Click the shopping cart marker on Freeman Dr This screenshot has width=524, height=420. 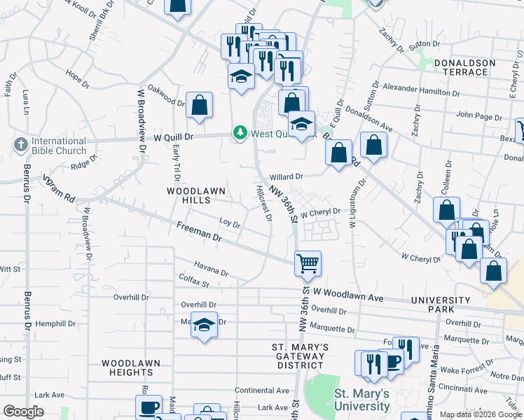[x=308, y=264]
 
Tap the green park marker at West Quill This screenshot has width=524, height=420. [x=240, y=133]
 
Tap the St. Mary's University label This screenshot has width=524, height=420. [x=361, y=400]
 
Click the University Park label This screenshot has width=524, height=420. [x=441, y=304]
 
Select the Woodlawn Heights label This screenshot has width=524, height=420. [x=130, y=367]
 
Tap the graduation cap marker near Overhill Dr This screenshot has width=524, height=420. [x=204, y=325]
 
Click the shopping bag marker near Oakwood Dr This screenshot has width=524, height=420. [x=200, y=106]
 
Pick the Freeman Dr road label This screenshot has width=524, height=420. [x=199, y=232]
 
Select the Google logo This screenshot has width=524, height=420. [x=24, y=412]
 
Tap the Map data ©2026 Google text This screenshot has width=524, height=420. [x=481, y=414]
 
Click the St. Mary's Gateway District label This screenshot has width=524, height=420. [x=301, y=356]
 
